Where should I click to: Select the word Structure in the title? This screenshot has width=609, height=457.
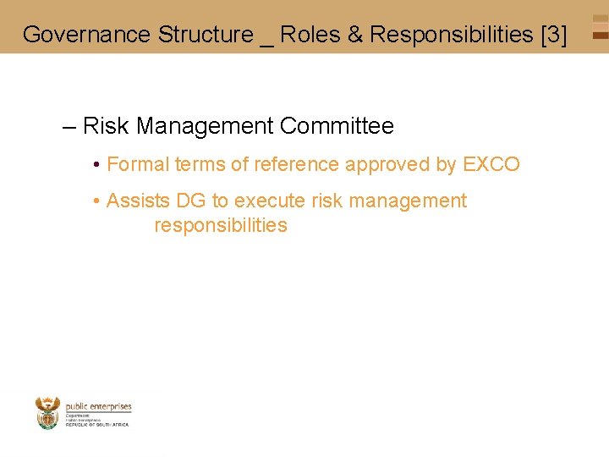point(206,35)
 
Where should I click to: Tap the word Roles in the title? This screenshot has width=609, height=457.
point(309,35)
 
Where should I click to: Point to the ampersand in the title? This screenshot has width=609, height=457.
point(354,35)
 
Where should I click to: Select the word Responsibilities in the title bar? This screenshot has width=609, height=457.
point(452,35)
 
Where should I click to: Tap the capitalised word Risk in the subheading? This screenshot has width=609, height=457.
point(106,127)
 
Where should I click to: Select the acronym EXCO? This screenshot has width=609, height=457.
point(491,165)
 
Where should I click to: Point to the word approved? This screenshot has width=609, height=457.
point(390,165)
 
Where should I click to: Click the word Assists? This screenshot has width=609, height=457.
point(138,201)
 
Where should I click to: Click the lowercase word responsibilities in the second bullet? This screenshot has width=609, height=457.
point(221,226)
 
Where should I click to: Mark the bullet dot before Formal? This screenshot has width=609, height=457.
point(98,165)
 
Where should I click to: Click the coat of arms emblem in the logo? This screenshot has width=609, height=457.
point(48,413)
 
